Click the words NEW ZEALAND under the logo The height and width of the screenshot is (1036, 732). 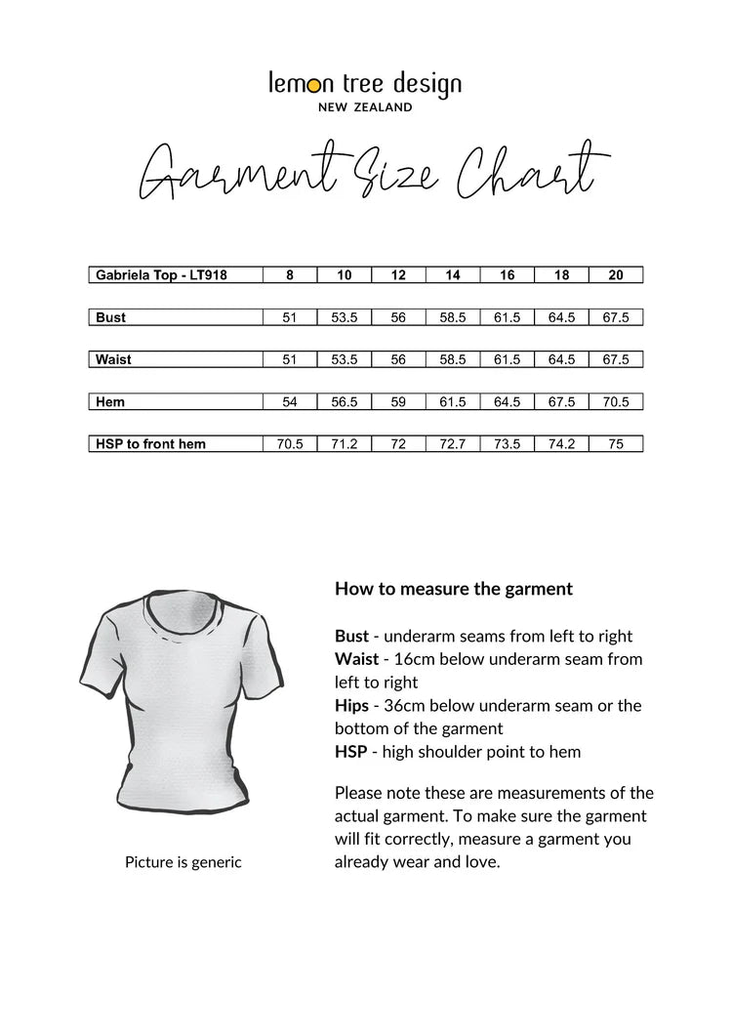pyautogui.click(x=365, y=107)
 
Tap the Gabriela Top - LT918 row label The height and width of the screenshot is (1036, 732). pyautogui.click(x=162, y=275)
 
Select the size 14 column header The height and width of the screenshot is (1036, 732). pyautogui.click(x=453, y=275)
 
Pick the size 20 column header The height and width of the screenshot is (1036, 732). pyautogui.click(x=616, y=275)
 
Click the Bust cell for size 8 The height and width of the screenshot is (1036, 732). pyautogui.click(x=290, y=317)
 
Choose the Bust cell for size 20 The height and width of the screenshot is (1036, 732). pyautogui.click(x=616, y=317)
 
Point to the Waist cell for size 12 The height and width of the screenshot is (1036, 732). pyautogui.click(x=398, y=359)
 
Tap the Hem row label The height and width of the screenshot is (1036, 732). pyautogui.click(x=110, y=401)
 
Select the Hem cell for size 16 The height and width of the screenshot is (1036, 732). pyautogui.click(x=508, y=401)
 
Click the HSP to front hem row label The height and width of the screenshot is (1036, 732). pyautogui.click(x=151, y=444)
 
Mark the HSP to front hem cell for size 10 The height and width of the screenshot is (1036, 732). pyautogui.click(x=345, y=444)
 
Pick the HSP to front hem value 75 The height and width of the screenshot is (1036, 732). pyautogui.click(x=616, y=444)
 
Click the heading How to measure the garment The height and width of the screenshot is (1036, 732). pyautogui.click(x=454, y=589)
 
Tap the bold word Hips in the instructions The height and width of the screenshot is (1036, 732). pyautogui.click(x=351, y=705)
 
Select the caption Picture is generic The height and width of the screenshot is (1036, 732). pyautogui.click(x=183, y=862)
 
